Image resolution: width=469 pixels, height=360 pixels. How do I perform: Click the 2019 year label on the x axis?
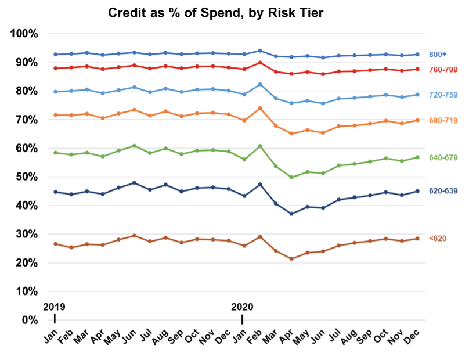[x=54, y=306]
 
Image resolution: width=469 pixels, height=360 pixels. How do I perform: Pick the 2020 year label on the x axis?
[x=243, y=306]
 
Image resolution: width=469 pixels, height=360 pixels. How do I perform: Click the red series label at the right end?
[x=443, y=70]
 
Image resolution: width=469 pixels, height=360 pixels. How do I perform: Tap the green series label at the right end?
[x=443, y=157]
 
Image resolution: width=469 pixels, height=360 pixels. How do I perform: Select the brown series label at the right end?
[x=438, y=238]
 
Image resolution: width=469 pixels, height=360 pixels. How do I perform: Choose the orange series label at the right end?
[x=443, y=120]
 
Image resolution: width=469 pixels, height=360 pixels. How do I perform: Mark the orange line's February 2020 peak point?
[x=259, y=108]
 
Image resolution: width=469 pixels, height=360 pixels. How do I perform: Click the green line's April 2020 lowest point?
[x=291, y=177]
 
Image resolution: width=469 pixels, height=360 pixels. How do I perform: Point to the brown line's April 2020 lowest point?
[x=291, y=259]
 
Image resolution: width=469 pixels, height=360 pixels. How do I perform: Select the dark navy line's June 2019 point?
[x=134, y=183]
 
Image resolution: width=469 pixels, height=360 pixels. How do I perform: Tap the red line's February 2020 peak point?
[x=259, y=63]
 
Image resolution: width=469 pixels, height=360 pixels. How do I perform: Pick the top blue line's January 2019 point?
[x=55, y=55]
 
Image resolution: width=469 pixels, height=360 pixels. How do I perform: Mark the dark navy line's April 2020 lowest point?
[x=291, y=214]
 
